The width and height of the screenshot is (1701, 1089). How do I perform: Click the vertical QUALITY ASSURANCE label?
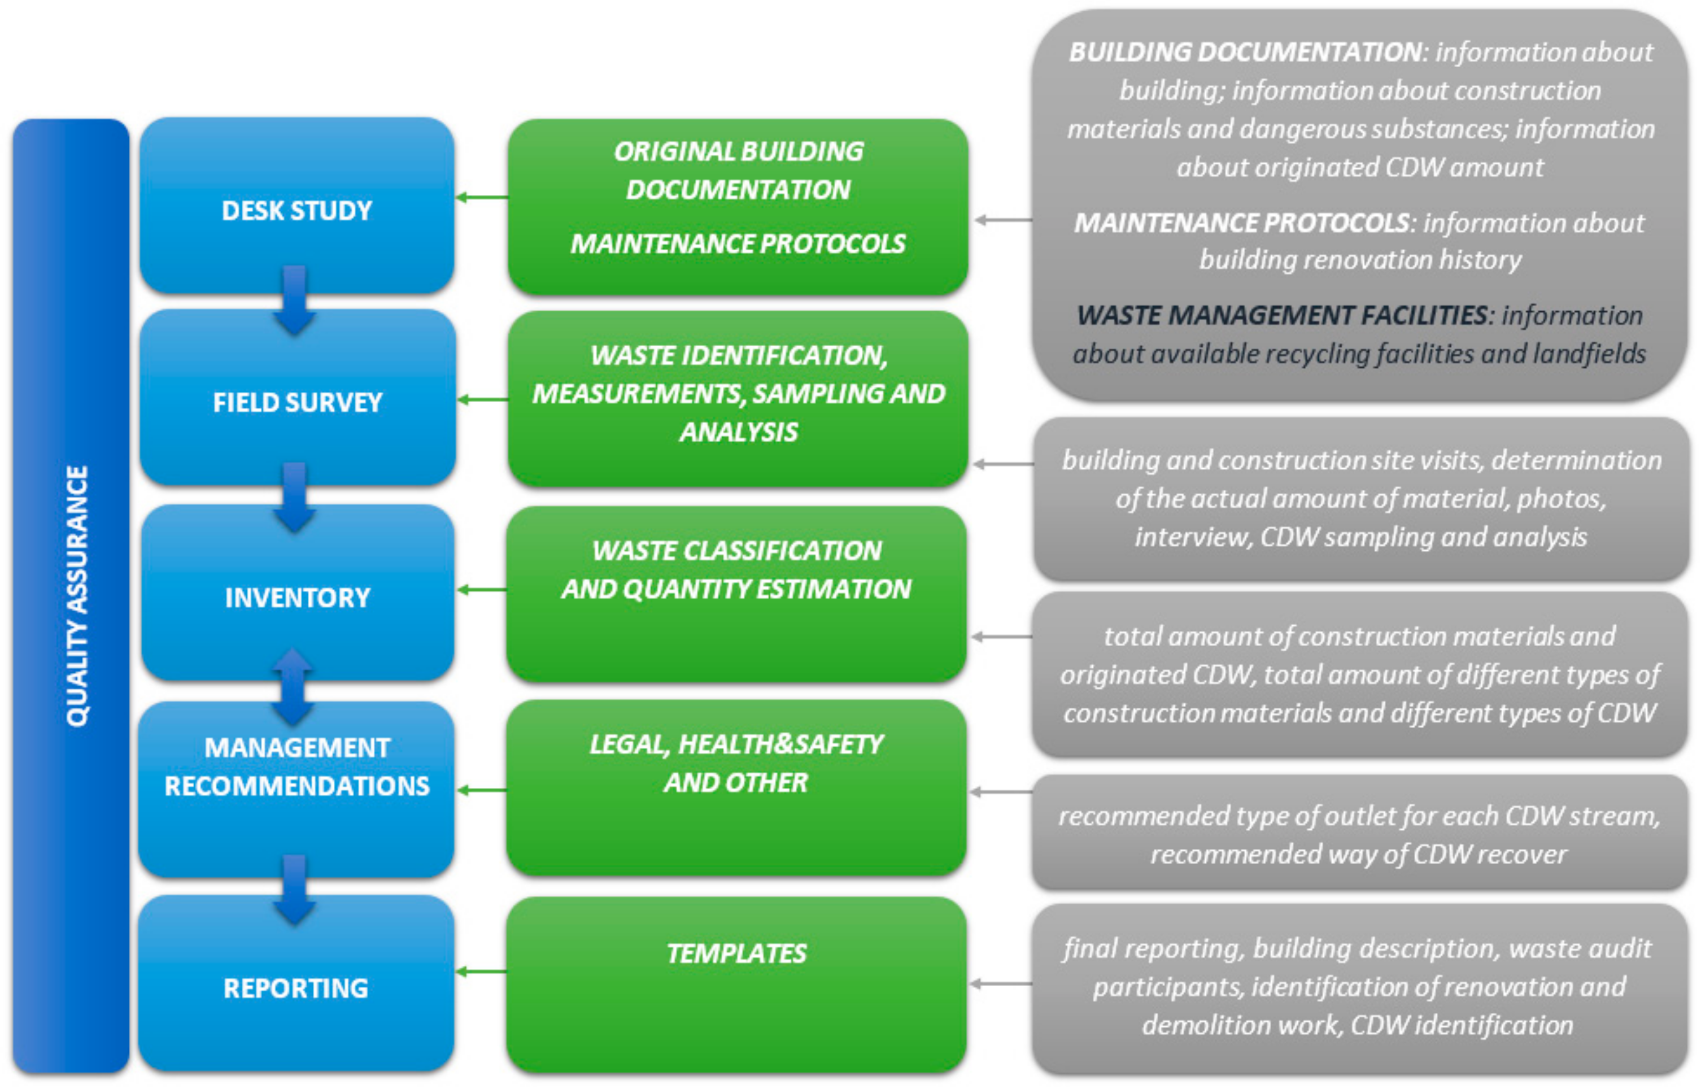(76, 595)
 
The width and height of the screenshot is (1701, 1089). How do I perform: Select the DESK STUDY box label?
(297, 211)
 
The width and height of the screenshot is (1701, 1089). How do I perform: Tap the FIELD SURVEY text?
(297, 402)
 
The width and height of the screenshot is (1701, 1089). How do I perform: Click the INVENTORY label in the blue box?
(297, 598)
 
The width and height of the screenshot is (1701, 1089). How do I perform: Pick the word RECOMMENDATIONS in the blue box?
(297, 786)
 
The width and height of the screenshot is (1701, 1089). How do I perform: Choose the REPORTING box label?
(295, 988)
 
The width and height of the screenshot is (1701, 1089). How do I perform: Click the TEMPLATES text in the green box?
(736, 953)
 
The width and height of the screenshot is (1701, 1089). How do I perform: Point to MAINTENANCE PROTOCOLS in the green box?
(738, 243)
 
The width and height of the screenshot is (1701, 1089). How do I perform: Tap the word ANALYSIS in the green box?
(738, 432)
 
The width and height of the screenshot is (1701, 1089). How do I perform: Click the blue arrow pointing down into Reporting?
(294, 890)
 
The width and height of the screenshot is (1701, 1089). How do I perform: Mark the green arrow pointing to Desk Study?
(482, 197)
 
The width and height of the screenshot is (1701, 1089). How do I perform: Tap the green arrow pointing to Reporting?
(482, 972)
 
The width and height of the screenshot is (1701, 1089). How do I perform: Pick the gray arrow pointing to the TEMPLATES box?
(1000, 983)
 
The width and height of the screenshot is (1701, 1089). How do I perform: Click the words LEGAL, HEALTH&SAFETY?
(736, 744)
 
